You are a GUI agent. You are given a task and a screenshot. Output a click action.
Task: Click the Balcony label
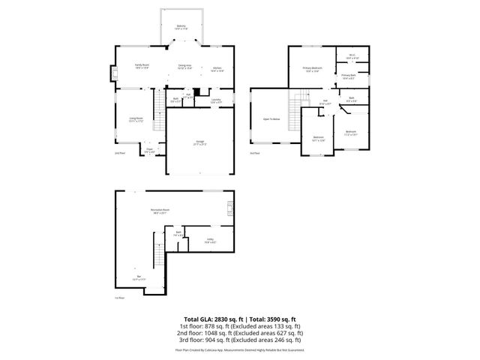181,26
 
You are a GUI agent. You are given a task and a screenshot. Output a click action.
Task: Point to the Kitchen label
217,67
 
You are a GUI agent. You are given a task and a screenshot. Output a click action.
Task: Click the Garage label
199,143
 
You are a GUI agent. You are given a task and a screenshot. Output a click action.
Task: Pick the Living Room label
136,118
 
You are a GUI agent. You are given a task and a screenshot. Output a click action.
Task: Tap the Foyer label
149,149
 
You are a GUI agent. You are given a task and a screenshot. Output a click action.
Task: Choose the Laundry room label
215,100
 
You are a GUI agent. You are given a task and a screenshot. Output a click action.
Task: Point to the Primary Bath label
349,76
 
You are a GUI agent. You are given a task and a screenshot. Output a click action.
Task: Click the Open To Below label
271,118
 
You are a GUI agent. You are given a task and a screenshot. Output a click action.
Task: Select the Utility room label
211,241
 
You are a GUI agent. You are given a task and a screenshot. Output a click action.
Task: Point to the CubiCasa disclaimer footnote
240,349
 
